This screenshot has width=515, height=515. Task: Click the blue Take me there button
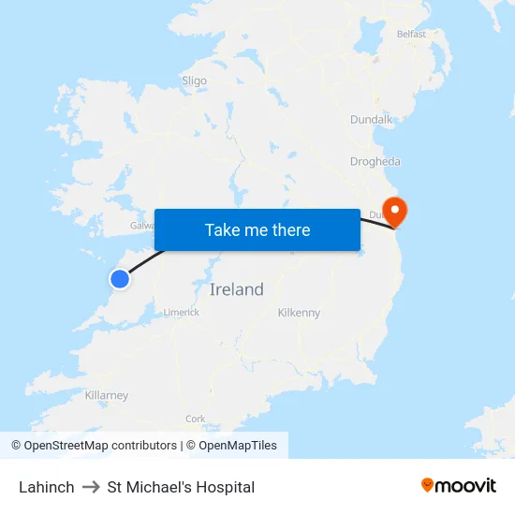point(257,229)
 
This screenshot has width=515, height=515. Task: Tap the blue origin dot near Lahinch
point(120,279)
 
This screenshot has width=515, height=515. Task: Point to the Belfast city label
point(411,34)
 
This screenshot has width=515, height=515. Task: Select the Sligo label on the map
point(194,81)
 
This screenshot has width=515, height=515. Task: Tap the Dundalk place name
point(372,120)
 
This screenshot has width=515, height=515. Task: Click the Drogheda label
point(375,161)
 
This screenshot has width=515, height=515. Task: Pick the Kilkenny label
point(300,313)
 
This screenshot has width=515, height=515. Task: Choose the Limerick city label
point(182,313)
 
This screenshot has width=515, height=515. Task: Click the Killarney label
point(107,396)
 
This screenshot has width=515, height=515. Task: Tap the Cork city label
point(196,419)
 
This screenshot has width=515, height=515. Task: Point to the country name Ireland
point(237,289)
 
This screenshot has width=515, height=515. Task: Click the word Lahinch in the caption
point(47,487)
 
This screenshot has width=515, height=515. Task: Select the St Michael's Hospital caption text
point(181,487)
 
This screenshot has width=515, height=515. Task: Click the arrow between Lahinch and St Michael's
point(91,487)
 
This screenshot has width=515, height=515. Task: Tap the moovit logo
point(459,486)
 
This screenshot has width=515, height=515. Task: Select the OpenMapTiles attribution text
point(237,446)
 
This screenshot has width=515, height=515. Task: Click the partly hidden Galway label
point(142,226)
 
